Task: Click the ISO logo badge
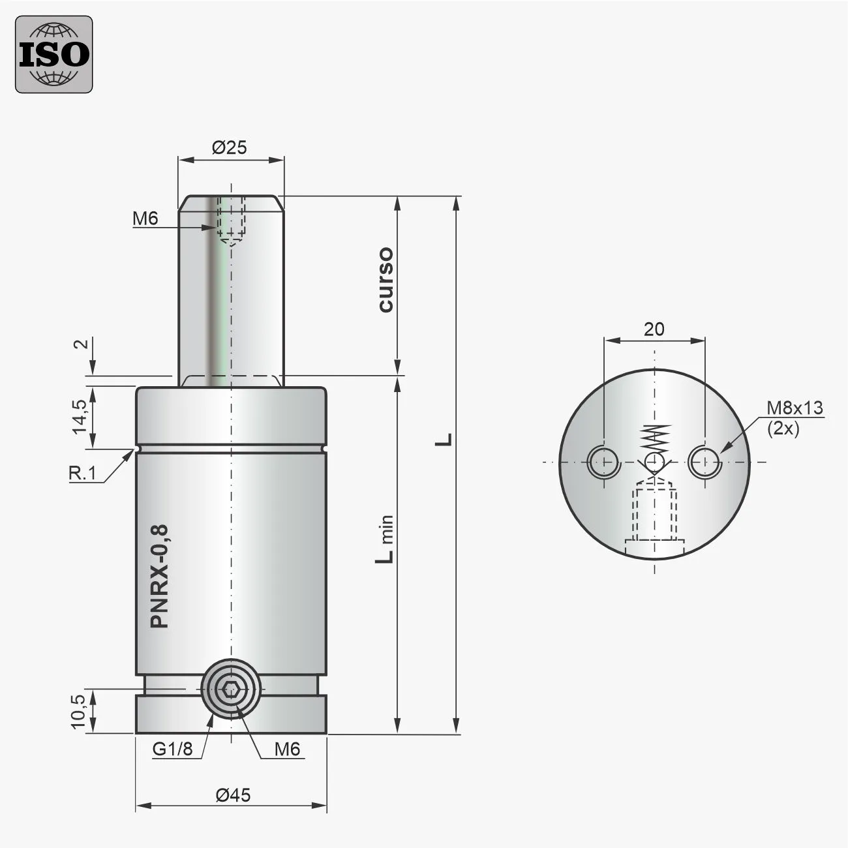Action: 54,54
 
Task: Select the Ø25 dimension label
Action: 230,147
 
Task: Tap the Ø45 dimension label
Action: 233,795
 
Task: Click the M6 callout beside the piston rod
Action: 145,219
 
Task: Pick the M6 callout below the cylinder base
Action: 287,749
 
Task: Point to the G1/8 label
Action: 173,749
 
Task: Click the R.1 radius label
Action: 83,474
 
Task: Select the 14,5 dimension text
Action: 80,416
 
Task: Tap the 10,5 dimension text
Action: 78,711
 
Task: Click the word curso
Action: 386,279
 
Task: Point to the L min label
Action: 386,538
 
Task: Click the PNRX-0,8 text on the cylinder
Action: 160,576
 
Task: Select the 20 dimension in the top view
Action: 654,329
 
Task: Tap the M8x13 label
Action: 794,408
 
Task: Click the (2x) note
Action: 783,429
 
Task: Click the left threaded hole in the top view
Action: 603,462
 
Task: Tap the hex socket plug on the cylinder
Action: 231,690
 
